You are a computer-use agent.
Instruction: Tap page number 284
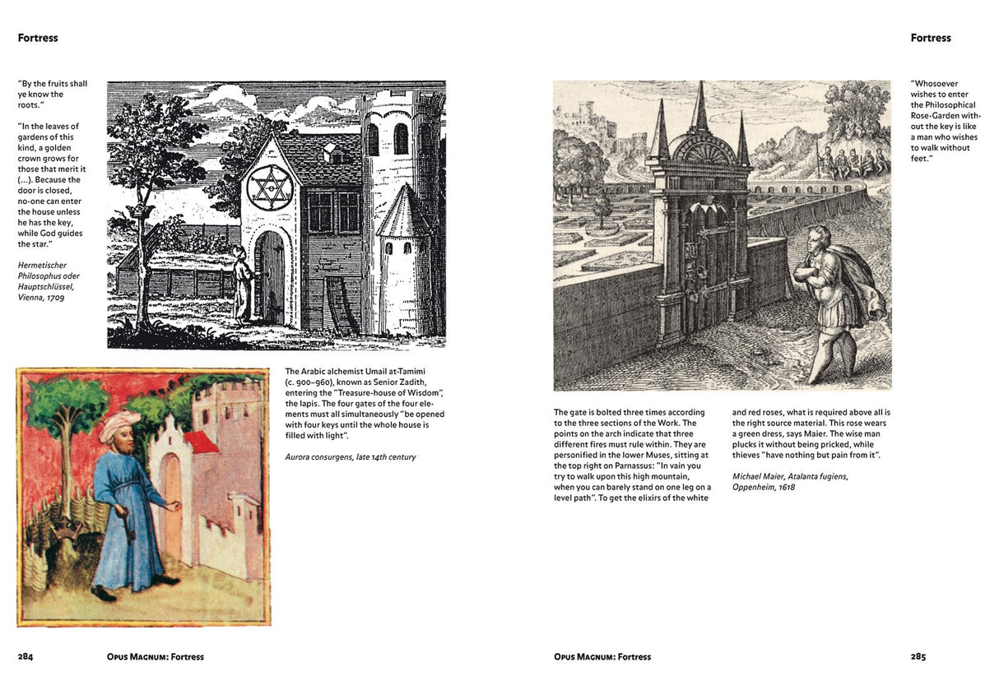26,656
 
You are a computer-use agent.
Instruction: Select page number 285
918,656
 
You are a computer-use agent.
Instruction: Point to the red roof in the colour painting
201,442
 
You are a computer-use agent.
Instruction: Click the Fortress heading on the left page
38,38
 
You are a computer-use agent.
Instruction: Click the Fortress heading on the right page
931,38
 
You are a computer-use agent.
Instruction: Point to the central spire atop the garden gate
701,107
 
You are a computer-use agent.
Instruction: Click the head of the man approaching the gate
818,238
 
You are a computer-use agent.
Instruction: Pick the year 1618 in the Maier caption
783,487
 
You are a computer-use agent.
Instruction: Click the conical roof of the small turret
402,209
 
